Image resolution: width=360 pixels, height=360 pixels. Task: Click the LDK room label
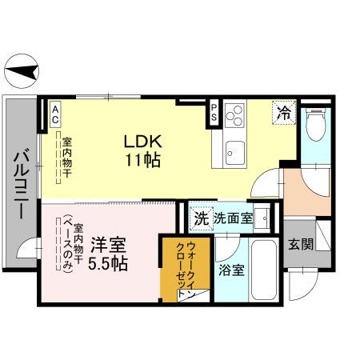pos(142,141)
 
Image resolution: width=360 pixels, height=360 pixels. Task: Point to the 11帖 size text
pos(142,159)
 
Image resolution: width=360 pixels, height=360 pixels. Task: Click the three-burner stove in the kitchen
pos(235,117)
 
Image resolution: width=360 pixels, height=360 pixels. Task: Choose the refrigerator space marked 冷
pos(283,113)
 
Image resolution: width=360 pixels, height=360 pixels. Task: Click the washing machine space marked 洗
pos(202,218)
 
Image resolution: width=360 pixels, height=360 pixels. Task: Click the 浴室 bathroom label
pos(231,270)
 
